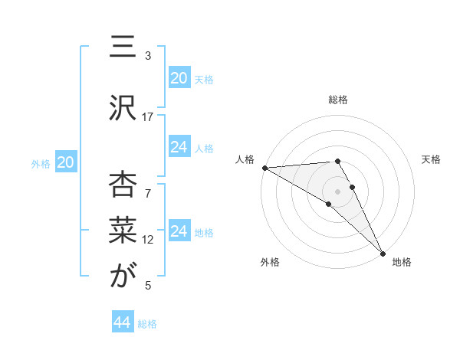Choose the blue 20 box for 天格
pyautogui.click(x=179, y=78)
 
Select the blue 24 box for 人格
pyautogui.click(x=179, y=147)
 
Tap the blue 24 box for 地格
pyautogui.click(x=179, y=231)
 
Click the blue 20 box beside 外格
pyautogui.click(x=66, y=162)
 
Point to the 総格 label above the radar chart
pyautogui.click(x=338, y=100)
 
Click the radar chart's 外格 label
pyautogui.click(x=270, y=262)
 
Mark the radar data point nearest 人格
pyautogui.click(x=264, y=168)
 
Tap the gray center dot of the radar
pyautogui.click(x=337, y=191)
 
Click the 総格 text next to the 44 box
pyautogui.click(x=147, y=324)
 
